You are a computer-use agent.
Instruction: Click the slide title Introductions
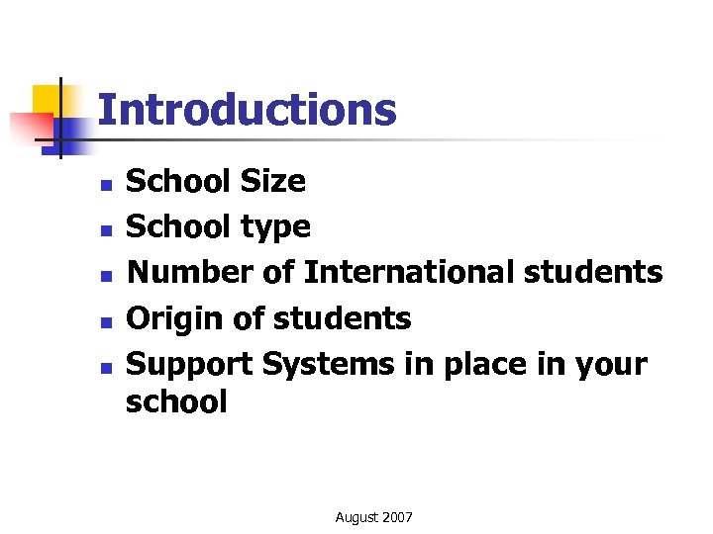(x=248, y=110)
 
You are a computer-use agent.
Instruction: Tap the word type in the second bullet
(x=276, y=228)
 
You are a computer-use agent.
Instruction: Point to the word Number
(x=191, y=273)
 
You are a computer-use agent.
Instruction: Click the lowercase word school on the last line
(x=176, y=402)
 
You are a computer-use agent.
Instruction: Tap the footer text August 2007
(x=374, y=517)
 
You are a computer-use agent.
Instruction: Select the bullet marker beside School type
(x=104, y=230)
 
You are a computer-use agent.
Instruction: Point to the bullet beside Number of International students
(x=104, y=276)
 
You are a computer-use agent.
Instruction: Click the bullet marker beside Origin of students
(x=104, y=321)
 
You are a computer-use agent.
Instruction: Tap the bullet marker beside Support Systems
(x=104, y=367)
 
